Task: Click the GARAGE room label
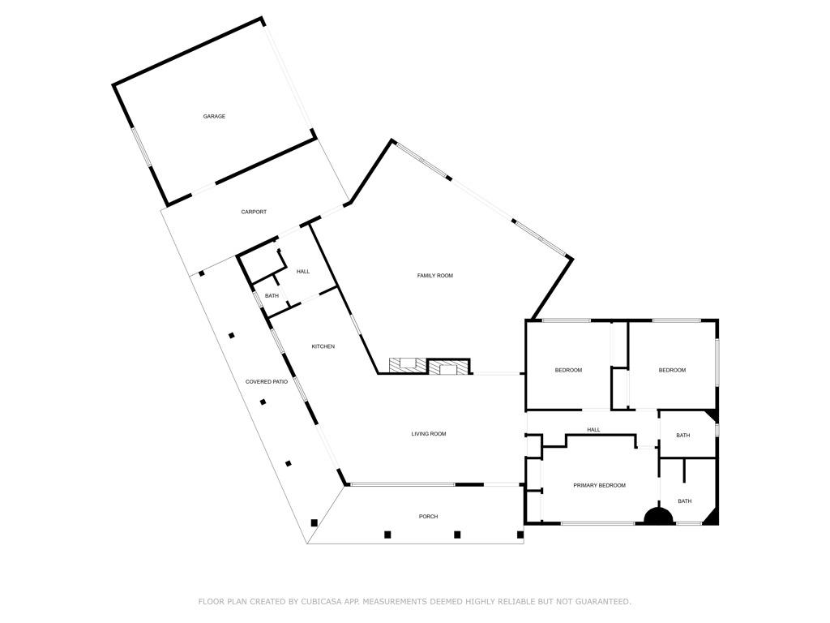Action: pos(214,117)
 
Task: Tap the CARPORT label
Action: pos(254,213)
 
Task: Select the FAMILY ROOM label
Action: pos(434,276)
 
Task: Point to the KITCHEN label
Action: pos(323,347)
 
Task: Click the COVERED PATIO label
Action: pos(267,382)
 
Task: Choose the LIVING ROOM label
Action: pos(429,434)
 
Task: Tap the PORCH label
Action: pos(428,517)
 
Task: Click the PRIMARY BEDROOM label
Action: pos(599,486)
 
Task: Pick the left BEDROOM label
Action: pos(568,371)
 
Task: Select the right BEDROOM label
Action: pos(672,371)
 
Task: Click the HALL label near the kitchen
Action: pos(302,272)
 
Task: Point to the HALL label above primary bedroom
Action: pos(593,430)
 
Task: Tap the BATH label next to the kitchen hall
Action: pos(272,296)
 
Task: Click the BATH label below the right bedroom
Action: pos(683,436)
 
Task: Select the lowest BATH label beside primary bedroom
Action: pos(685,501)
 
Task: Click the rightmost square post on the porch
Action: pos(520,535)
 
